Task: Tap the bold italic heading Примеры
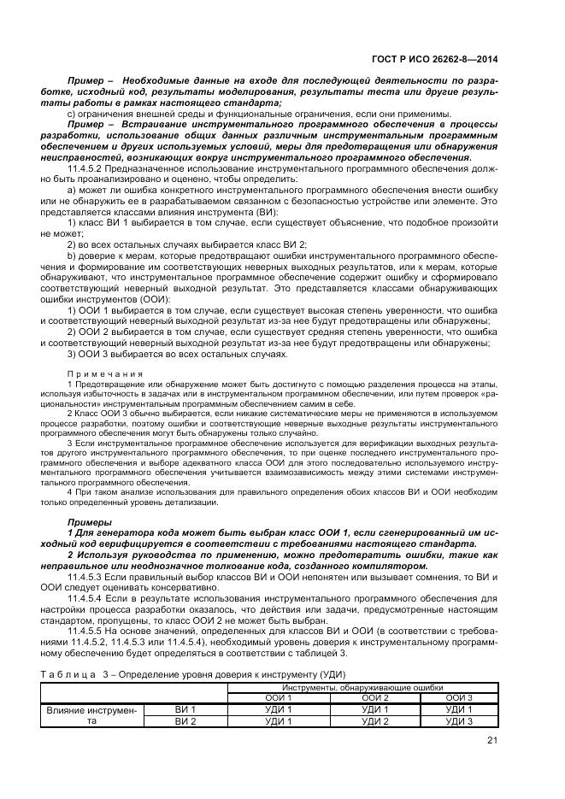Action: coord(88,521)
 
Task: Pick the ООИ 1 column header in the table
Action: coord(279,697)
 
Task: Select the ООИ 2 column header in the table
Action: coord(374,697)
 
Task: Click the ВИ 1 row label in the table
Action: coord(185,709)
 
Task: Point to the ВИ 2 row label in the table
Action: coord(185,720)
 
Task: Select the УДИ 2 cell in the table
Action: coord(374,720)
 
